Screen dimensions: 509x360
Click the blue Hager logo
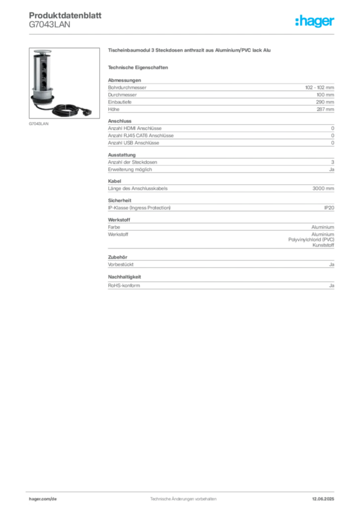point(315,21)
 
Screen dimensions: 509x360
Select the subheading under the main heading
point(140,67)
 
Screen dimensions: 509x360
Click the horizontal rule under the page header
point(182,34)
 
